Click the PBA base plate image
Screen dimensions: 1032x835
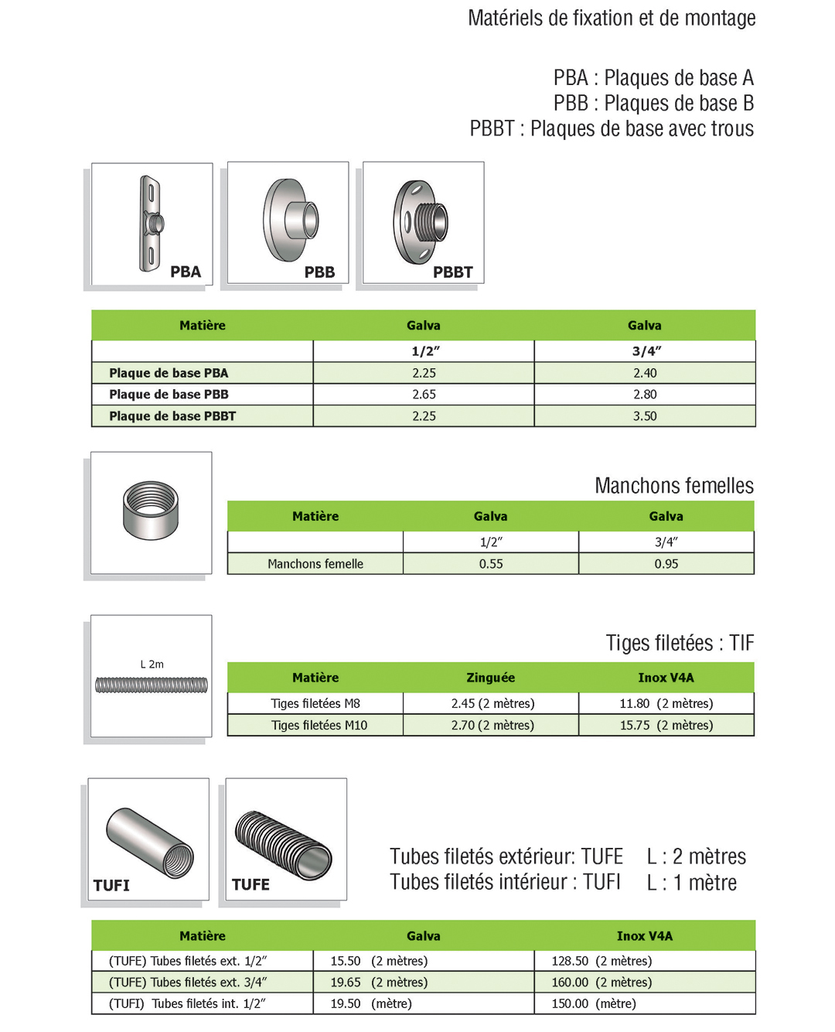point(152,224)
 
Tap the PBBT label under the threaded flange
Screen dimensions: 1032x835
point(452,272)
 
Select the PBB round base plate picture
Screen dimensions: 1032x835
point(291,220)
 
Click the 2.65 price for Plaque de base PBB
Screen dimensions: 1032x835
point(424,395)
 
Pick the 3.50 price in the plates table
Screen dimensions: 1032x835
point(645,416)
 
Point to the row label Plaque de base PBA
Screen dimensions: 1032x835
point(169,373)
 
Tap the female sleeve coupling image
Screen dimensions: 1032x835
point(151,510)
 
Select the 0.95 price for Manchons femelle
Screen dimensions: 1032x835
point(666,564)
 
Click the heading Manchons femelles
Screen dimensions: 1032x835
point(673,486)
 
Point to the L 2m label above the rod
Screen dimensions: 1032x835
point(152,665)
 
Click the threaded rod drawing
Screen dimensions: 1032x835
point(152,685)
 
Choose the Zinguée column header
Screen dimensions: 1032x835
point(490,678)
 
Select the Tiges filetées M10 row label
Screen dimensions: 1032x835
point(319,726)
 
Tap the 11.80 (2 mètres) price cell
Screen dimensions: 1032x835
point(666,704)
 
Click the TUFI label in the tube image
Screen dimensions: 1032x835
point(111,886)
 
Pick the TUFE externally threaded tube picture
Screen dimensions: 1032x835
point(284,843)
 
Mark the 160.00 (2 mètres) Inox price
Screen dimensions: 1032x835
point(602,982)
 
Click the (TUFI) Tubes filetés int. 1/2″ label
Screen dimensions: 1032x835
point(187,1004)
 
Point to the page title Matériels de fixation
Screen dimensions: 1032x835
point(612,19)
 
